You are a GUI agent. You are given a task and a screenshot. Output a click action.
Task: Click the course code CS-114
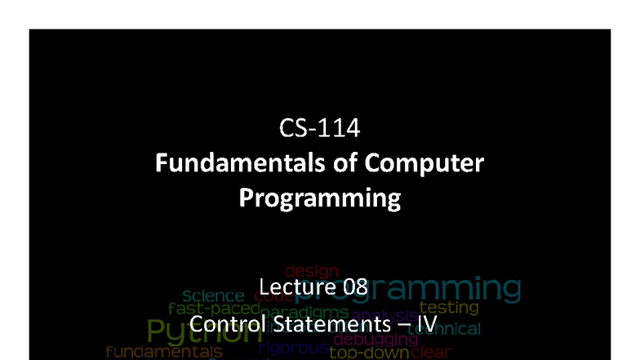tap(319, 130)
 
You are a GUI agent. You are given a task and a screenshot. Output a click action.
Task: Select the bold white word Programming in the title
tap(320, 198)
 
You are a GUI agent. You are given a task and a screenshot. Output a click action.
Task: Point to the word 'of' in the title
tap(331, 163)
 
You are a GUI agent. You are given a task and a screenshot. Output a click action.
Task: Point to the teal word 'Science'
tap(213, 296)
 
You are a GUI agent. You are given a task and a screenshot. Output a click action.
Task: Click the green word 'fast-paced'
tap(214, 309)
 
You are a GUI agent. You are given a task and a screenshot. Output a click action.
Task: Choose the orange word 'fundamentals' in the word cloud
tap(163, 352)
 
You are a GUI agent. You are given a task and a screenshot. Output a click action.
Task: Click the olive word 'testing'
tap(448, 308)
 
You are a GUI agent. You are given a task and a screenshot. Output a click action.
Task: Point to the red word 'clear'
tap(429, 353)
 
